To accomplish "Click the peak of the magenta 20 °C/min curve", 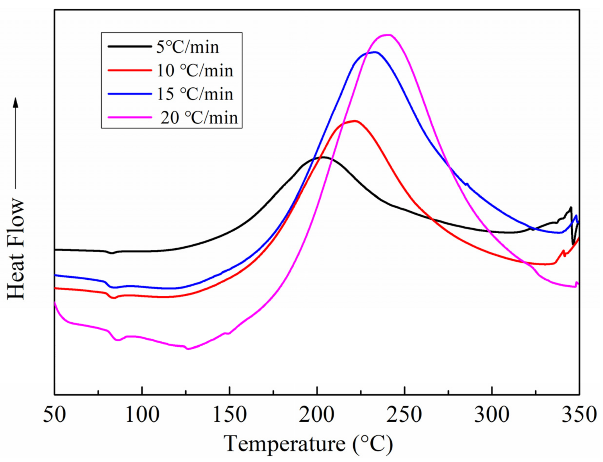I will [388, 35].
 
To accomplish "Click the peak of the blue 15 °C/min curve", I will [375, 52].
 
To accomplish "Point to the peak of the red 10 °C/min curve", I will [355, 121].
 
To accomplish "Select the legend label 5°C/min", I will [188, 47].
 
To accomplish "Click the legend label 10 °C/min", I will [195, 71].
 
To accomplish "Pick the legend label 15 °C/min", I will [195, 94].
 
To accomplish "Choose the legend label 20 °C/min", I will [199, 118].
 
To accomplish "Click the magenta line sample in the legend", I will [129, 118].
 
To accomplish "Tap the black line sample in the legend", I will [129, 47].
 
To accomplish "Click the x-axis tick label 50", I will [55, 415].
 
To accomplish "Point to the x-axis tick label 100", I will [142, 415].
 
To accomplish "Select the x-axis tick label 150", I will [230, 415].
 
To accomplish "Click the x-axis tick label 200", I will [317, 415].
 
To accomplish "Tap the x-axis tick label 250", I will [404, 415].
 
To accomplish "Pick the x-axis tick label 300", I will [492, 415].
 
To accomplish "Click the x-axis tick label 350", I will [579, 415].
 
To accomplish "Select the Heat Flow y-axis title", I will [16, 249].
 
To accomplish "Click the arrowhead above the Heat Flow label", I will [16, 102].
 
